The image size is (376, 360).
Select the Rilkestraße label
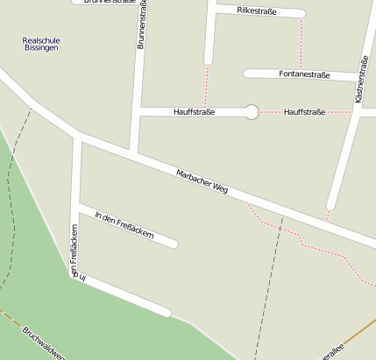257,11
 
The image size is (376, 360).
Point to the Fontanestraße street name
304,75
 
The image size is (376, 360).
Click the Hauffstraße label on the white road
195,111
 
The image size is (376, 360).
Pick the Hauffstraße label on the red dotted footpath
304,112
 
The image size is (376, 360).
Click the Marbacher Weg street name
202,182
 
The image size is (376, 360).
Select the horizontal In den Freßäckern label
124,225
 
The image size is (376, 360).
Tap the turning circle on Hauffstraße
252,111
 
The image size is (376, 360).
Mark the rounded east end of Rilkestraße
301,14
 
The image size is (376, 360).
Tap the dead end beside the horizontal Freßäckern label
174,244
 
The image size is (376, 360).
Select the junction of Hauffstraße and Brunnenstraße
138,111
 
